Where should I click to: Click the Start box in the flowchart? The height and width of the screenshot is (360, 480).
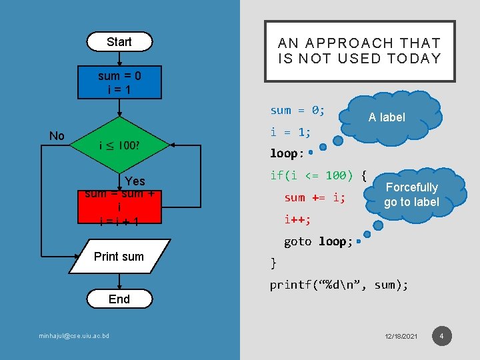pyautogui.click(x=119, y=42)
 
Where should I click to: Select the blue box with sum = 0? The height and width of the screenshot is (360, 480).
pyautogui.click(x=119, y=83)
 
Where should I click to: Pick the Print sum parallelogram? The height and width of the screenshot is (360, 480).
pyautogui.click(x=119, y=257)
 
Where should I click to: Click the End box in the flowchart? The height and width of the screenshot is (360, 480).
pyautogui.click(x=119, y=299)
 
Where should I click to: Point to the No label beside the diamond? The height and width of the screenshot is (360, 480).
pyautogui.click(x=57, y=136)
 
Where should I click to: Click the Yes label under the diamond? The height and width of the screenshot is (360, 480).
pyautogui.click(x=135, y=181)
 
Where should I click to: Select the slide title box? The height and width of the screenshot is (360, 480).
pyautogui.click(x=359, y=51)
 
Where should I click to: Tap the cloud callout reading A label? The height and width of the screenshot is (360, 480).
pyautogui.click(x=387, y=117)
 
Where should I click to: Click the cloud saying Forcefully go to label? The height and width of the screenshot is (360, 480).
pyautogui.click(x=412, y=195)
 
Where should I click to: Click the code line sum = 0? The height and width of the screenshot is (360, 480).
pyautogui.click(x=297, y=110)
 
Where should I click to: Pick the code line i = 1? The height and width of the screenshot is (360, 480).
pyautogui.click(x=290, y=132)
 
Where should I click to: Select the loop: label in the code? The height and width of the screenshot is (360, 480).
pyautogui.click(x=287, y=153)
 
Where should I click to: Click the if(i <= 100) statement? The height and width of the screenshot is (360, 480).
pyautogui.click(x=318, y=175)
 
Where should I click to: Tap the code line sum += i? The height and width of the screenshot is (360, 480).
pyautogui.click(x=315, y=197)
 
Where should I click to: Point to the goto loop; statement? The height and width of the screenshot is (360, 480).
pyautogui.click(x=318, y=241)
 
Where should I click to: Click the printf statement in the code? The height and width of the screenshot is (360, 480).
pyautogui.click(x=339, y=285)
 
